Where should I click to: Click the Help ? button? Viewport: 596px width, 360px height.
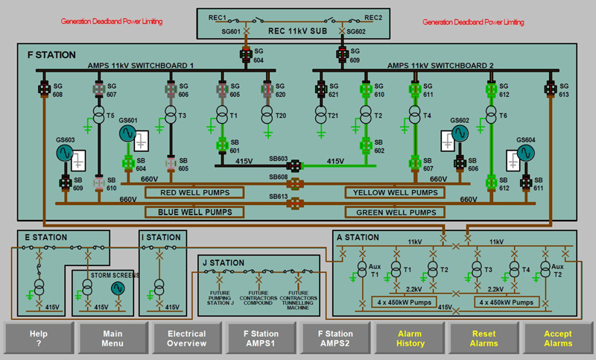[38, 339]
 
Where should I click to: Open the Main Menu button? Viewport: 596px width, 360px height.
[112, 339]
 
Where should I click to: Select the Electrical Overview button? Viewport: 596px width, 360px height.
[187, 339]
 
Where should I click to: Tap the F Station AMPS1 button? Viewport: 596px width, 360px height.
[261, 339]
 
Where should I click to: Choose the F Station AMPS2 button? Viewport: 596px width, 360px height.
[335, 339]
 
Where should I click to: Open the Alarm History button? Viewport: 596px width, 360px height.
[410, 339]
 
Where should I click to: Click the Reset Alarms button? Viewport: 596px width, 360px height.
[484, 339]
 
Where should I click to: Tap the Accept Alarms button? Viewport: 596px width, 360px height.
[558, 339]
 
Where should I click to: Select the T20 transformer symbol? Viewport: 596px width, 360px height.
[267, 116]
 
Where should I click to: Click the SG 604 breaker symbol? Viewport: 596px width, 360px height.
[245, 54]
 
